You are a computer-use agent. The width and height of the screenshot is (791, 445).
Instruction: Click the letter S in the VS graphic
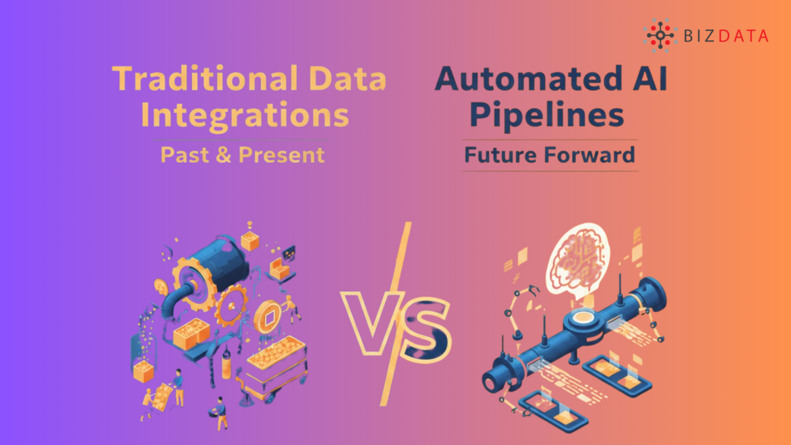point(425,326)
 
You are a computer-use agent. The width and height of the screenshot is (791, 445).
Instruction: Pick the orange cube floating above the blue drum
point(250,241)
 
